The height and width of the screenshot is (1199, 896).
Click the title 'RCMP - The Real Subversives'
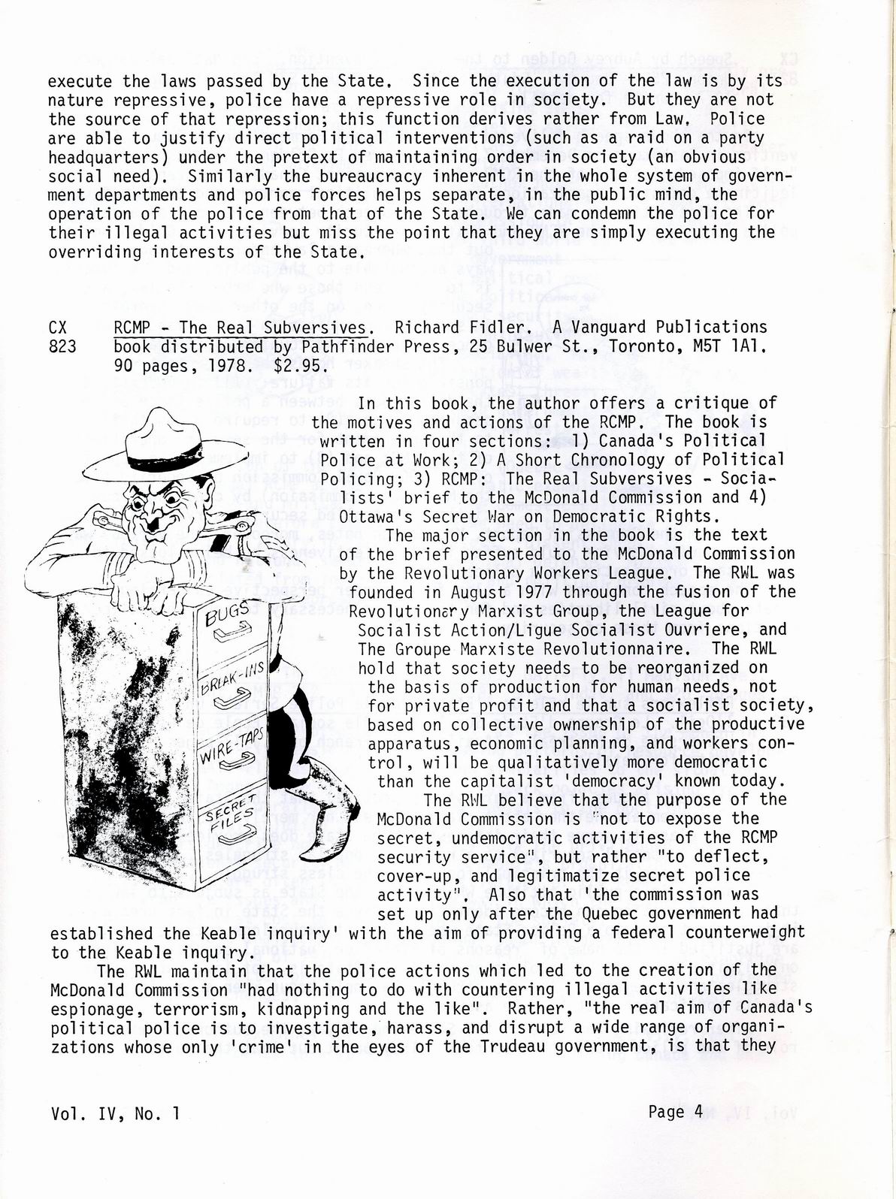click(x=241, y=327)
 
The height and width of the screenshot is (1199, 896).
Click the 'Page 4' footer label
click(x=674, y=1112)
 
